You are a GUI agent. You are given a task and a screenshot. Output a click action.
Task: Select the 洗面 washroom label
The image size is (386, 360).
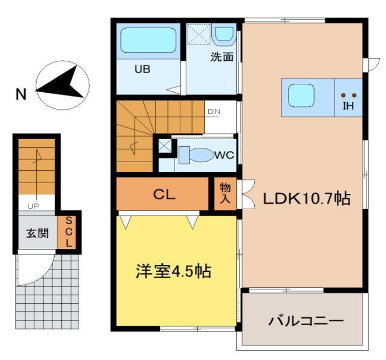pos(222,57)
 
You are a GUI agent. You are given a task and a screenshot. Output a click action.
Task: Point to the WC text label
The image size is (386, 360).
pos(223,155)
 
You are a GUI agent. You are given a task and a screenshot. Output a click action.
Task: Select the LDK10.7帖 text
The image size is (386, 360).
pos(306,198)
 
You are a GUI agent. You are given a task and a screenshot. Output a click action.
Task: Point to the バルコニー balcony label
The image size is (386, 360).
pos(306,321)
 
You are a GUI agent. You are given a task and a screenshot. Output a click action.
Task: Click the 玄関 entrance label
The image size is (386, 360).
pos(36,234)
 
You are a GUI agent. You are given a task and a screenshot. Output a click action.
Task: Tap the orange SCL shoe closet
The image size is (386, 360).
pos(69,232)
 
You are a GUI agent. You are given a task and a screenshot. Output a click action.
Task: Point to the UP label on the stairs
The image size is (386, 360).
pos(33,206)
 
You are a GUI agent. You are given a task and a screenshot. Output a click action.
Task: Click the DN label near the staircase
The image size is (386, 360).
pos(213,112)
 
